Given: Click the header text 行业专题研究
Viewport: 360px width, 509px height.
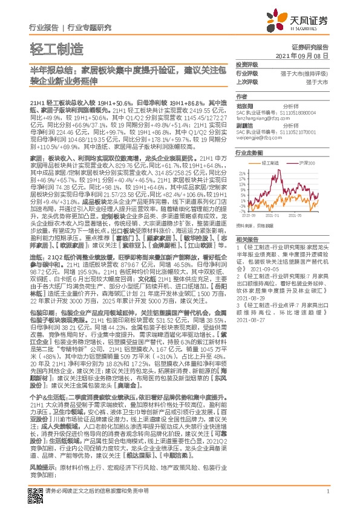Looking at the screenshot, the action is pos(88,28).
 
